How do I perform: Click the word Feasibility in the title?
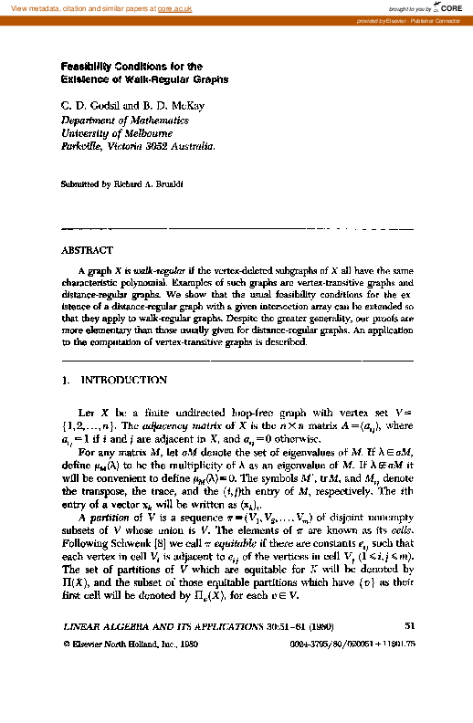click(x=89, y=67)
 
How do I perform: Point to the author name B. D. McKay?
click(x=173, y=107)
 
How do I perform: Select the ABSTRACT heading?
click(x=87, y=250)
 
